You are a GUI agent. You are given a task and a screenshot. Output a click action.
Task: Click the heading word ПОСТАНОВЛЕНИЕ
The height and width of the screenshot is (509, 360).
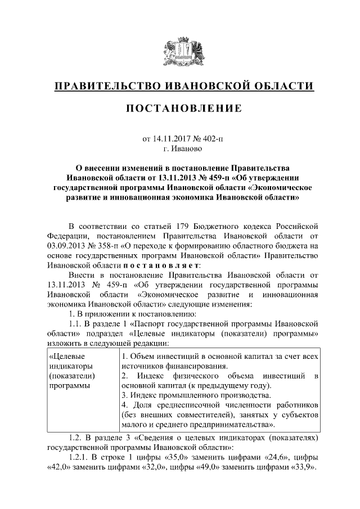pyautogui.click(x=179, y=107)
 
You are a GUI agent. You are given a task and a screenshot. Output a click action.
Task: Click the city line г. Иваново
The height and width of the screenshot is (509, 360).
pyautogui.click(x=179, y=150)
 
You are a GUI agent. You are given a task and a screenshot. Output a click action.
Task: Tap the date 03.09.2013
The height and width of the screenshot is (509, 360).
pyautogui.click(x=66, y=246)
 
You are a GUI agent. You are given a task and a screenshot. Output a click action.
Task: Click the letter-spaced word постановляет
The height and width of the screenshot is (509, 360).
pyautogui.click(x=160, y=265)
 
